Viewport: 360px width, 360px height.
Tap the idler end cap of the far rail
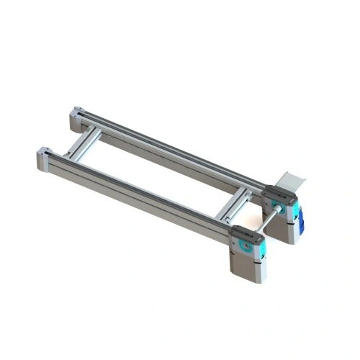click(77, 114)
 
